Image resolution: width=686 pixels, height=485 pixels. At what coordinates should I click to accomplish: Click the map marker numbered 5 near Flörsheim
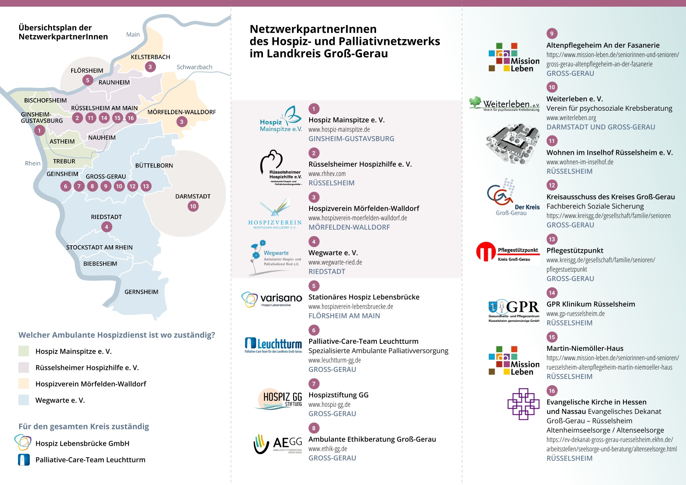[x=88, y=80]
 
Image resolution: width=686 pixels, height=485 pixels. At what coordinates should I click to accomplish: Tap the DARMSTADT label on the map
[x=193, y=196]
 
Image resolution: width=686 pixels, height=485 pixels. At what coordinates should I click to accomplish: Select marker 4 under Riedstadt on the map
[x=106, y=227]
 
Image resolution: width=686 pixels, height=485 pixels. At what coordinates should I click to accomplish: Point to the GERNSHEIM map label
[x=141, y=292]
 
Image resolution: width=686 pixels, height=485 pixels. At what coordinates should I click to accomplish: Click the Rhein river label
[x=32, y=163]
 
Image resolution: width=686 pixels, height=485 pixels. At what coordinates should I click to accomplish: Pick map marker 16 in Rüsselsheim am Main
[x=131, y=118]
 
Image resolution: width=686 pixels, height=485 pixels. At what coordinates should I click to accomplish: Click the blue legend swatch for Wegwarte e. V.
[x=24, y=400]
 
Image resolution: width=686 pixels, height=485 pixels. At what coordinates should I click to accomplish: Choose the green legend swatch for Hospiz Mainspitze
[x=24, y=351]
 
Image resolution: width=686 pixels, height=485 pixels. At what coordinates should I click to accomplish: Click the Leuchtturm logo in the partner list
[x=273, y=345]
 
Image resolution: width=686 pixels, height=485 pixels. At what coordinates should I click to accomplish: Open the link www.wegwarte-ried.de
[x=335, y=262]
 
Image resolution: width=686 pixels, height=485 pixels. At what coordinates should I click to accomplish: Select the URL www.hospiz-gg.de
[x=329, y=404]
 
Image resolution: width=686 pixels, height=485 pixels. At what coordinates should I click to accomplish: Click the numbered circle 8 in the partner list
[x=314, y=428]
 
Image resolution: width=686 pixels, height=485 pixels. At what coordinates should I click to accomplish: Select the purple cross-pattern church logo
[x=523, y=404]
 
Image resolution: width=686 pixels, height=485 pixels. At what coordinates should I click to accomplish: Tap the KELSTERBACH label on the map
[x=150, y=57]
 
